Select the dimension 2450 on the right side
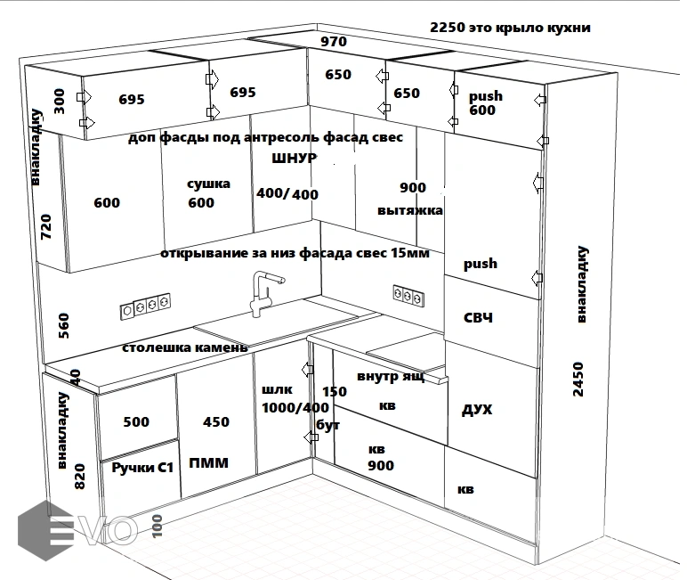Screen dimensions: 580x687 (578, 380)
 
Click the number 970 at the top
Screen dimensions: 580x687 (334, 41)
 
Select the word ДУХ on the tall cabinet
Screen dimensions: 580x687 (477, 410)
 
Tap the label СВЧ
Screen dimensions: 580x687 (479, 318)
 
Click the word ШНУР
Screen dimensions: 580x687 (295, 159)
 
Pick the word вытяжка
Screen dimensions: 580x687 (410, 211)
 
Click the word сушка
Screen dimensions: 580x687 (208, 184)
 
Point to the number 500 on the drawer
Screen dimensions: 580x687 (136, 421)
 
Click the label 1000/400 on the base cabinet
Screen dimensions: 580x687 (295, 407)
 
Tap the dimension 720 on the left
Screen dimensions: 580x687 (47, 227)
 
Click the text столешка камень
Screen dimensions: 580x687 (185, 347)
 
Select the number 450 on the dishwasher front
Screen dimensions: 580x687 (216, 421)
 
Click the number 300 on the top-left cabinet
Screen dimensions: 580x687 (60, 102)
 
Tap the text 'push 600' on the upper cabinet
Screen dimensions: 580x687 (485, 103)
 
